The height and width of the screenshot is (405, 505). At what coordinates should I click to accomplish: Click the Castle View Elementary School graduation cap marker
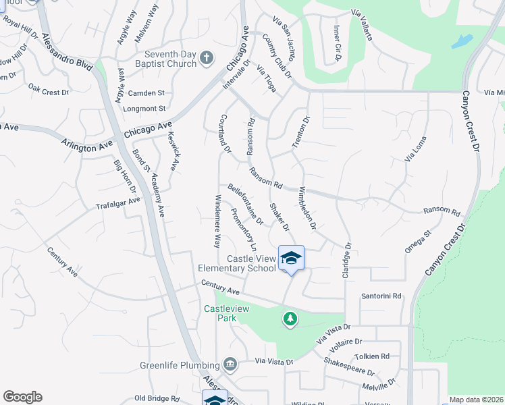[x=291, y=259]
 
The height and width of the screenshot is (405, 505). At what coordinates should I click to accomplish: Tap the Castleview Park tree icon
[x=290, y=318]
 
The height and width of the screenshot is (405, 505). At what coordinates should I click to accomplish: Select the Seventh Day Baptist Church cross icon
[x=207, y=59]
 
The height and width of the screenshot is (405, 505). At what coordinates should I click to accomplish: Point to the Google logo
[x=22, y=397]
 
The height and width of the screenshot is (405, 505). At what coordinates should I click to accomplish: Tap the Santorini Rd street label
[x=381, y=296]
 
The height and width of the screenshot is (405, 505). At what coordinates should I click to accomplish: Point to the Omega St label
[x=418, y=243]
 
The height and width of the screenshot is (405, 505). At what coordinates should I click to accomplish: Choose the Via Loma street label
[x=416, y=148]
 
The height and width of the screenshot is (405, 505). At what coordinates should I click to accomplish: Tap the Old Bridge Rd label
[x=156, y=398]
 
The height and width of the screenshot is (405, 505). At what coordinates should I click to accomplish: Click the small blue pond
[x=462, y=42]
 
